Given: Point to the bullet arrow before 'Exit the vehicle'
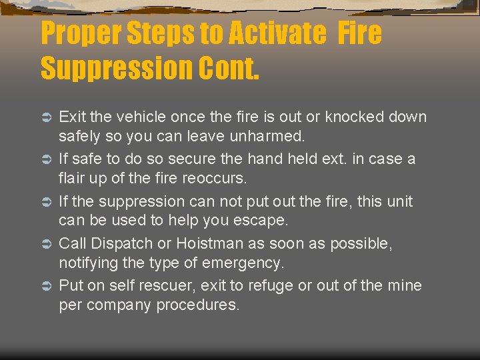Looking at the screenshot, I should [47, 117].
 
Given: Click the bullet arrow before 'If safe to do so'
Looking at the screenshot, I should [47, 160].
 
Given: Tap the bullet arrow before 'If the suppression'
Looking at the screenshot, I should [47, 202].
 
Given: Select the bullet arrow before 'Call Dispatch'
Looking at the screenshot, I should [47, 244].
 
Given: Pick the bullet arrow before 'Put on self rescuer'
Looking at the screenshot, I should [47, 286].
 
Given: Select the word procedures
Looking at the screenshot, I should [198, 306].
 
